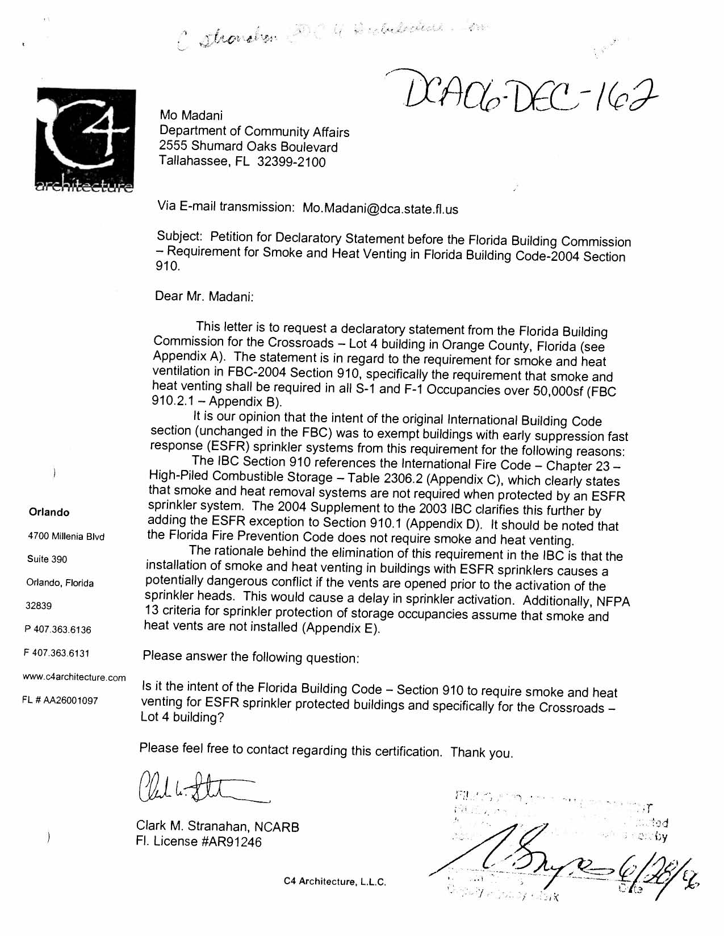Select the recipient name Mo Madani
point(191,116)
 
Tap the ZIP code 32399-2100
point(291,163)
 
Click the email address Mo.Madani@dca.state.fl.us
point(380,209)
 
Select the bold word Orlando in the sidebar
point(49,512)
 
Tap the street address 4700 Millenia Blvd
point(66,536)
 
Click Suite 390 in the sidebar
point(47,559)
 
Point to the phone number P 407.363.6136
point(58,630)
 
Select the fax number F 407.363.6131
point(57,653)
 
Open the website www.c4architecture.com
point(74,677)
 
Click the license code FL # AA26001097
point(60,700)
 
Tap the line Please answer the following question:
point(250,657)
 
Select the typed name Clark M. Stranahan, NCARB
point(217,827)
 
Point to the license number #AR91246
point(232,842)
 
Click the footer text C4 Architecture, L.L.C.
point(335,881)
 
